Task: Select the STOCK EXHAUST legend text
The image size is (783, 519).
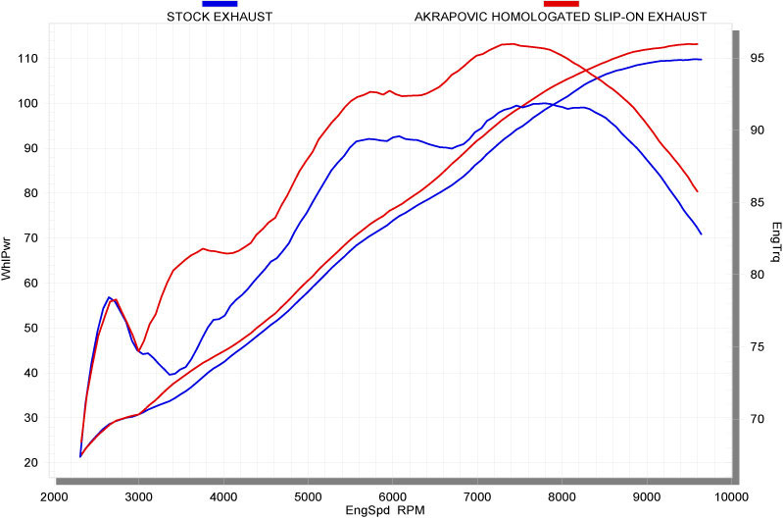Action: click(220, 17)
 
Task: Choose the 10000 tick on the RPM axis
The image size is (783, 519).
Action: click(730, 495)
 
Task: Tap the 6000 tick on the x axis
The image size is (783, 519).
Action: click(392, 495)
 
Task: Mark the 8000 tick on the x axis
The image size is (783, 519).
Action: click(562, 495)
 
